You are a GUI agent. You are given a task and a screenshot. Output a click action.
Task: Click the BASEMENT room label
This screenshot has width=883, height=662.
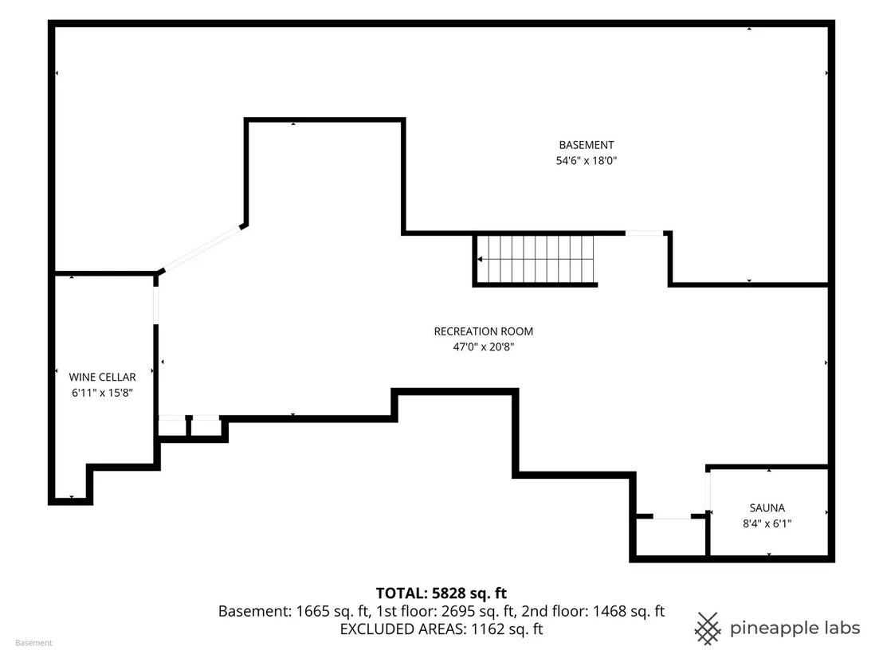(587, 145)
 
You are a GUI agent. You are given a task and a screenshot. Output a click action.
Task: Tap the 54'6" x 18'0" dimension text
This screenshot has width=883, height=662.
(587, 160)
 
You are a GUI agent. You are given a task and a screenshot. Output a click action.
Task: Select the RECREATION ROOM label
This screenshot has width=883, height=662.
(483, 331)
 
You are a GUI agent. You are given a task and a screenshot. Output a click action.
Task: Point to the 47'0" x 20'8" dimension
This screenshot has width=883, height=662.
(483, 347)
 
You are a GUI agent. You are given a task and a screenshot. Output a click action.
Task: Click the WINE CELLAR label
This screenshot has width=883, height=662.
(102, 377)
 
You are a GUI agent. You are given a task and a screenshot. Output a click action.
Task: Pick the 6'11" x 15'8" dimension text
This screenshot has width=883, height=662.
(102, 393)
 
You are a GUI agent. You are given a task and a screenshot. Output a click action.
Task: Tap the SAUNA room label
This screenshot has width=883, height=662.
(767, 507)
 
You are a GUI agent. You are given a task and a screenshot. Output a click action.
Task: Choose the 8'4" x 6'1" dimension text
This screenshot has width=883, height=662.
(767, 523)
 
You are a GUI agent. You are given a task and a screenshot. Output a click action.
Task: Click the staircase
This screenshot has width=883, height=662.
(535, 260)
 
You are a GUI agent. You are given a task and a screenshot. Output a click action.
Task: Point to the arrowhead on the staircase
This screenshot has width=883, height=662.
(480, 260)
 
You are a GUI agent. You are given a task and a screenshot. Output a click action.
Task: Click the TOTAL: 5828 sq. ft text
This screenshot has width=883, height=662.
(441, 593)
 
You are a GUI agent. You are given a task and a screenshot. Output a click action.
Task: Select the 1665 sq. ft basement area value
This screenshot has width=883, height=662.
(332, 611)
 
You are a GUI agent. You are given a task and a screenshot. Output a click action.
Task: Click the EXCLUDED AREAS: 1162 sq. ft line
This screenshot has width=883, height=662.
(441, 629)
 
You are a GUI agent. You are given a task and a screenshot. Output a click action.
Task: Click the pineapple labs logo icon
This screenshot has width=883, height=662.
(708, 629)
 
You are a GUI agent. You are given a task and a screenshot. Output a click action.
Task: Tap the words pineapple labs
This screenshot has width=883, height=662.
(795, 629)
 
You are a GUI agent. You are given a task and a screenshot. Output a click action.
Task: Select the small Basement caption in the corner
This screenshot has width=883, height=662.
(33, 643)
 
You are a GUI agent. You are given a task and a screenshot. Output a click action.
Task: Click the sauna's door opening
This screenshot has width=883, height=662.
(708, 491)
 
